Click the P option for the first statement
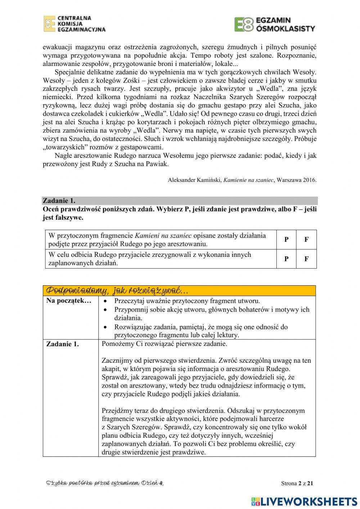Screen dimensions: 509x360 pyautogui.click(x=286, y=240)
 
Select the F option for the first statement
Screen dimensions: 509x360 pyautogui.click(x=306, y=240)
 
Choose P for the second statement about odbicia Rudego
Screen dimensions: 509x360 pyautogui.click(x=286, y=259)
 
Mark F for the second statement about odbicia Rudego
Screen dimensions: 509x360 pyautogui.click(x=306, y=259)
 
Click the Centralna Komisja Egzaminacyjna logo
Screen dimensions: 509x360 pyautogui.click(x=75, y=24)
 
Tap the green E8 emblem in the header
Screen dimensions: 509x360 pyautogui.click(x=244, y=24)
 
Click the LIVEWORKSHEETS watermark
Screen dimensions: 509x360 pyautogui.click(x=304, y=501)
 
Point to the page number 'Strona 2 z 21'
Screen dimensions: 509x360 pyautogui.click(x=297, y=483)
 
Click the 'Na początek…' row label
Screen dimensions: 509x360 pyautogui.click(x=69, y=301)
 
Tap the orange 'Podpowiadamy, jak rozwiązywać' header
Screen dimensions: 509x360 pyautogui.click(x=117, y=290)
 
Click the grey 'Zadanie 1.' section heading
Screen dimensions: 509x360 pyautogui.click(x=59, y=201)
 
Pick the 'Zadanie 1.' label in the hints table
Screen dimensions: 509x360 pyautogui.click(x=63, y=344)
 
